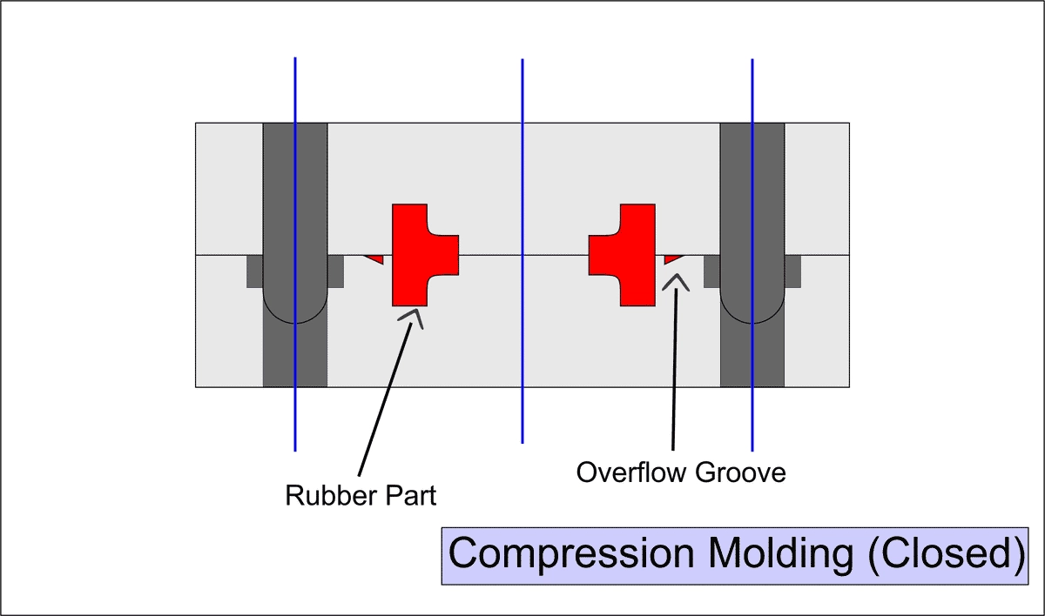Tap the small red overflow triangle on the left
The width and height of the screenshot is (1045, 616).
click(375, 258)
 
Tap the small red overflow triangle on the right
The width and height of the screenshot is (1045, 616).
click(672, 258)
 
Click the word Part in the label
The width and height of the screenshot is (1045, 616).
click(410, 496)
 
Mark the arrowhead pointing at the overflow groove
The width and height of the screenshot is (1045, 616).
click(675, 280)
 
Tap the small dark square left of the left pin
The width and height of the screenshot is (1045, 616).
click(254, 271)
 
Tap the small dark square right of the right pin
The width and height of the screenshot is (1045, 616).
click(792, 271)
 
